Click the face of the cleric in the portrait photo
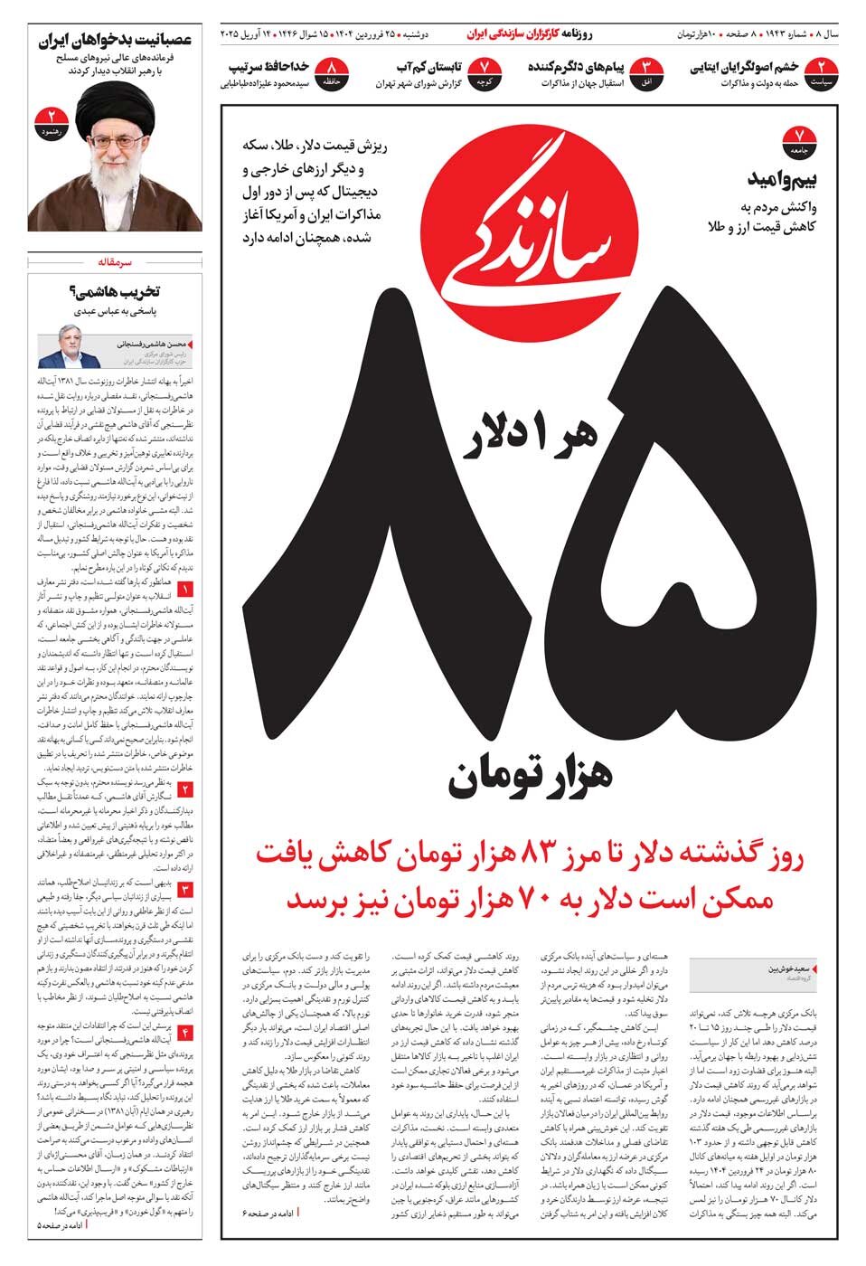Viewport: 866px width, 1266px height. coord(115,139)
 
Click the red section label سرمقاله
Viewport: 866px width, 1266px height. coord(115,262)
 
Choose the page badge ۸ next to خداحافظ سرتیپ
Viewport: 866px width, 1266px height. coord(334,73)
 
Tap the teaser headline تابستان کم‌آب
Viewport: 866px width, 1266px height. coord(431,68)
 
